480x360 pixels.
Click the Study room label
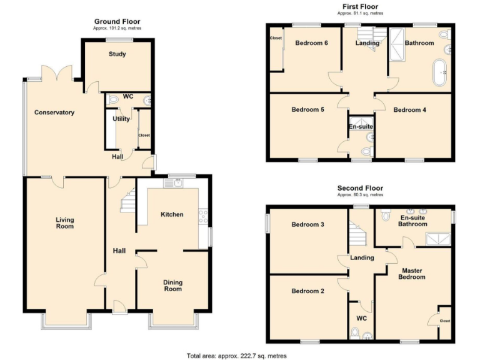pyautogui.click(x=117, y=54)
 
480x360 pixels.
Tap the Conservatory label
pyautogui.click(x=54, y=112)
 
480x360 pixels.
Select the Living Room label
pyautogui.click(x=64, y=222)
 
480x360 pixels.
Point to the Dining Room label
pyautogui.click(x=173, y=286)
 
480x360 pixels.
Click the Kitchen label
pyautogui.click(x=172, y=214)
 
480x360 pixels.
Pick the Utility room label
pyautogui.click(x=121, y=119)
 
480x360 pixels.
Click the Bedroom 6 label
pyautogui.click(x=312, y=43)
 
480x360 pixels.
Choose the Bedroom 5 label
pyautogui.click(x=308, y=110)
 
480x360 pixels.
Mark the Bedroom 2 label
pyautogui.click(x=308, y=291)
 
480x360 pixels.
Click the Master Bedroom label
pyautogui.click(x=412, y=274)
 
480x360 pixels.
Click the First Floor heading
pyautogui.click(x=360, y=6)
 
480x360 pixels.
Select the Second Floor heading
pyautogui.click(x=360, y=188)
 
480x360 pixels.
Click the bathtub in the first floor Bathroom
pyautogui.click(x=441, y=73)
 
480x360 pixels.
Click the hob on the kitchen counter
pyautogui.click(x=203, y=216)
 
